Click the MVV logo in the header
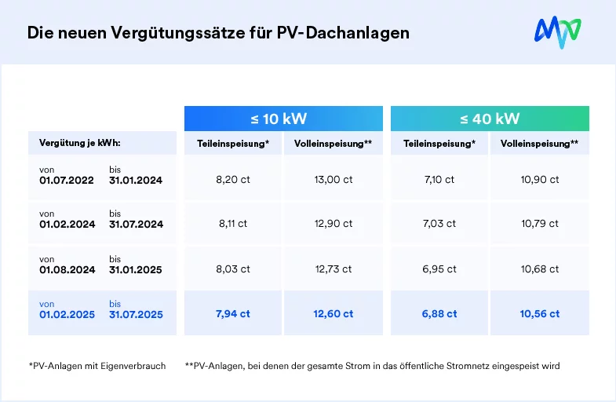point(557,31)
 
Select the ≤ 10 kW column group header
point(284,119)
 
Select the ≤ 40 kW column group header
point(490,119)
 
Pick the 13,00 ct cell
point(334,179)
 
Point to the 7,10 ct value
point(439,179)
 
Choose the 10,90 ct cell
point(540,179)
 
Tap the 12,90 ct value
point(334,224)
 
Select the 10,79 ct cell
point(540,224)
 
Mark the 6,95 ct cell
point(439,269)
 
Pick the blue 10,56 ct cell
point(540,314)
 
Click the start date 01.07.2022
point(67,181)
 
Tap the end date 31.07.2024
point(136,225)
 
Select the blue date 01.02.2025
point(67,315)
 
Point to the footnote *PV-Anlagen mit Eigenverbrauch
point(97,367)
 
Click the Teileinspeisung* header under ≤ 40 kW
point(439,144)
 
